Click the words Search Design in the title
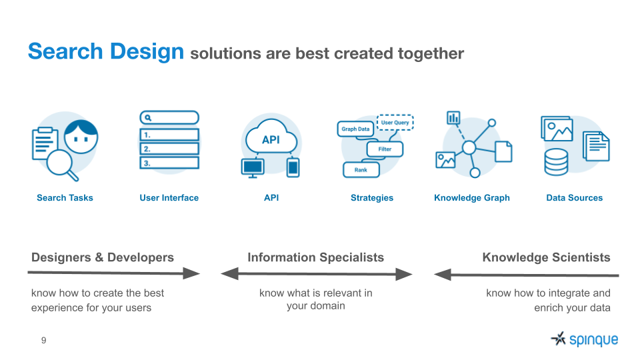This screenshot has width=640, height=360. tap(106, 52)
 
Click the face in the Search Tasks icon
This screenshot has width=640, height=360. tap(81, 136)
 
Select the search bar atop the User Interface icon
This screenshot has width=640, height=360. tap(169, 117)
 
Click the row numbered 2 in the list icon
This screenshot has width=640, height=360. tap(169, 149)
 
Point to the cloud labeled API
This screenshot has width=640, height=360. tap(271, 137)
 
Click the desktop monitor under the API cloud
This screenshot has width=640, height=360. tap(253, 168)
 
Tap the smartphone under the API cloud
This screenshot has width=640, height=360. tap(293, 167)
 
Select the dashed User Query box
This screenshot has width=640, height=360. tap(395, 123)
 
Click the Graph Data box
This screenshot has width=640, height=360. tap(355, 129)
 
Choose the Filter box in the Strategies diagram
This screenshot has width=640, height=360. tap(385, 149)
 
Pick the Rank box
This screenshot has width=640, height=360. tap(361, 170)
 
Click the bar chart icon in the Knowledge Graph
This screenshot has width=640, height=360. tap(453, 117)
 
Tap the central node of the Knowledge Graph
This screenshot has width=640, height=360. tap(469, 147)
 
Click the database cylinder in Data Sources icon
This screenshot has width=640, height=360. tap(556, 162)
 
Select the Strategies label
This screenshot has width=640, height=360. tap(372, 198)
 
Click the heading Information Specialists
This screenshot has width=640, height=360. tap(315, 257)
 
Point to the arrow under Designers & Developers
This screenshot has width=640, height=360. tap(114, 273)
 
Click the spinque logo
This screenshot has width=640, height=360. tap(585, 339)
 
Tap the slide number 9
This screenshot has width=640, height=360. tap(44, 341)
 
